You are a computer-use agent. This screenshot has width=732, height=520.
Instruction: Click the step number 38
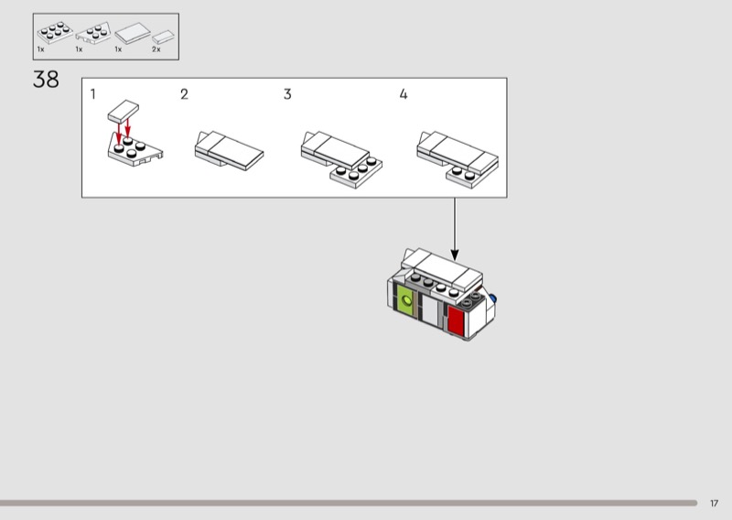coord(46,80)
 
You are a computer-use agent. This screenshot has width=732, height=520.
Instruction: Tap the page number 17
coord(714,504)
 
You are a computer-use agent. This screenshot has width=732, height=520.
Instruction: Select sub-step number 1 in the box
coord(93,94)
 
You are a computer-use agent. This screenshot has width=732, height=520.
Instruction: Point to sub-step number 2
coord(185,94)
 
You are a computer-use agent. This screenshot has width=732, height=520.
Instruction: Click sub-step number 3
coord(287,94)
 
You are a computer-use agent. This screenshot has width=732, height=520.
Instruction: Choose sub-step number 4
coord(404,94)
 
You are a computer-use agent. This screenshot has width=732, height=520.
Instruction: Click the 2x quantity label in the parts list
coord(156,49)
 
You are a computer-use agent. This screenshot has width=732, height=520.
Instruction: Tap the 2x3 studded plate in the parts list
coord(55,33)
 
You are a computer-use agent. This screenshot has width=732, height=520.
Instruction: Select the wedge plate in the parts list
coord(94,33)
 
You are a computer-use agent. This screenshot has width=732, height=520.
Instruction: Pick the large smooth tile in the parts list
coord(133,34)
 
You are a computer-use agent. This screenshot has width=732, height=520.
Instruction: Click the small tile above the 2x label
coord(163,37)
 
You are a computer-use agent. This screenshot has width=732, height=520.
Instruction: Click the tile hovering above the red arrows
coord(124,111)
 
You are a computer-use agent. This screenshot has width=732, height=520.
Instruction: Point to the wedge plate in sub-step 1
coord(135,149)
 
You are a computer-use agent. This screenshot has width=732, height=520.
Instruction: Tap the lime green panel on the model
coord(405,300)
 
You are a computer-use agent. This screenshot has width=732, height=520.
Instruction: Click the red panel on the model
coord(456,320)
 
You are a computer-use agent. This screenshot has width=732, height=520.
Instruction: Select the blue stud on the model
coord(492,298)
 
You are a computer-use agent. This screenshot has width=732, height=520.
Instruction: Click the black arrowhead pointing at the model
coord(454,255)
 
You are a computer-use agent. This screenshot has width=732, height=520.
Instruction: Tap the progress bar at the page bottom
coord(349,504)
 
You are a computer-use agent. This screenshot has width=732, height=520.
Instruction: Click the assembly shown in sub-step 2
coord(229,150)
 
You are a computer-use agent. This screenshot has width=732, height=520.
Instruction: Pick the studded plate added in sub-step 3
coord(356,173)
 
